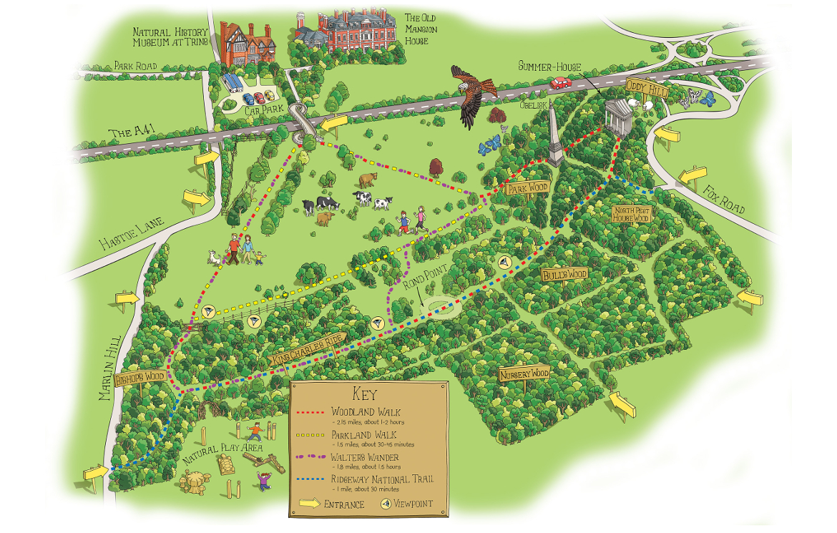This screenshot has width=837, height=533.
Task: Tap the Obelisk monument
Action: (x=554, y=140)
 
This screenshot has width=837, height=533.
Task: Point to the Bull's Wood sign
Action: (x=564, y=275)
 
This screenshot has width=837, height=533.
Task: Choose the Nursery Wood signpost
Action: (x=524, y=374)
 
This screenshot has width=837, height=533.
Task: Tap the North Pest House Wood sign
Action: (x=632, y=213)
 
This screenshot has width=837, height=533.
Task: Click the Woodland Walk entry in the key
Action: (x=366, y=412)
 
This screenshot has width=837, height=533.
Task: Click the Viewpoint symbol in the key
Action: (x=386, y=504)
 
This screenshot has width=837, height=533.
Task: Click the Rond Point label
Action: (x=424, y=283)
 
